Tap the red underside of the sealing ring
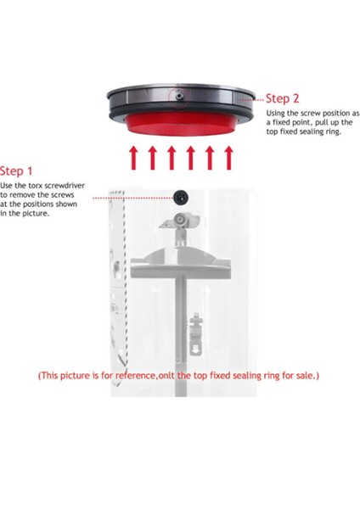(179, 126)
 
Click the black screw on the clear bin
(180, 196)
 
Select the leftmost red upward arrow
(132, 158)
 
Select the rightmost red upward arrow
(228, 158)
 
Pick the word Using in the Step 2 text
(278, 113)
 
